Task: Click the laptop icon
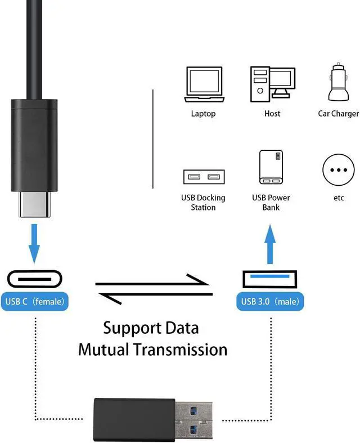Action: (x=203, y=84)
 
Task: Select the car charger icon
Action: (x=338, y=83)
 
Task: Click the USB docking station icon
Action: (x=203, y=177)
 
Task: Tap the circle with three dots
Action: (x=338, y=169)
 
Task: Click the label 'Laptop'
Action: (x=203, y=114)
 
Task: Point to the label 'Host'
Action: (x=272, y=114)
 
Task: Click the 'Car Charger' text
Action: (x=338, y=114)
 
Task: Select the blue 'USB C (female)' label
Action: (x=35, y=301)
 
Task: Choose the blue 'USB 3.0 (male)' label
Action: (x=269, y=301)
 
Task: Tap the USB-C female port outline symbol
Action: (x=35, y=279)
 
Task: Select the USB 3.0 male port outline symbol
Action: (x=269, y=279)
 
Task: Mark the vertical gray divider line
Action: (x=152, y=138)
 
